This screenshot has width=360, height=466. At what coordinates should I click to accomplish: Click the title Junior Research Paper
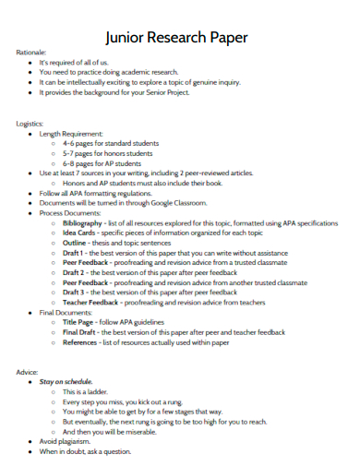[176, 37]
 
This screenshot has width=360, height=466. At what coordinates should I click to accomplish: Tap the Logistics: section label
[30, 123]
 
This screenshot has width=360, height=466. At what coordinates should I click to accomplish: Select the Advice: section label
[27, 371]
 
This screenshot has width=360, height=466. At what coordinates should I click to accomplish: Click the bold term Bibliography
[83, 223]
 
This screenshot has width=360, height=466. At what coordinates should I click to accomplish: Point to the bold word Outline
[76, 243]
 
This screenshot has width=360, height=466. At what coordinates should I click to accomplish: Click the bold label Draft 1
[74, 253]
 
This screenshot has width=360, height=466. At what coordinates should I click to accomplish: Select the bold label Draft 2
[74, 272]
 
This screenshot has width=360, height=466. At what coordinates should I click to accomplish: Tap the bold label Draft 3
[74, 292]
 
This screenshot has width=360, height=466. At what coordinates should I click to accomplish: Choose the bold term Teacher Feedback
[90, 302]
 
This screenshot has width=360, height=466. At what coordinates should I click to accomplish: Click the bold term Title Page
[79, 321]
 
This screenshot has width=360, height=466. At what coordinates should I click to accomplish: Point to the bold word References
[79, 341]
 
